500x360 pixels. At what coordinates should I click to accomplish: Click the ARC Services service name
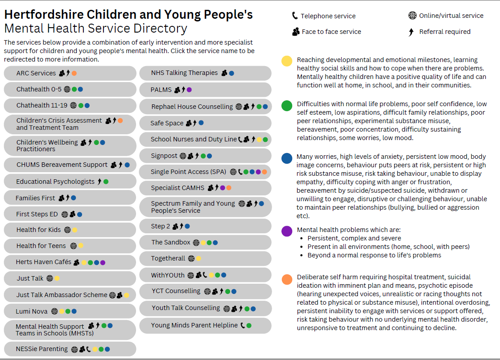[x=36, y=73]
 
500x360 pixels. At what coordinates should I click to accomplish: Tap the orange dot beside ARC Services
[x=74, y=73]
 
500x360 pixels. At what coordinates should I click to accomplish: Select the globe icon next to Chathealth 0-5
[x=67, y=89]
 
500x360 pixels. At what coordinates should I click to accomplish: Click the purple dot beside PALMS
[x=189, y=90]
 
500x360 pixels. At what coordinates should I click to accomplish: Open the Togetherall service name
[x=168, y=258]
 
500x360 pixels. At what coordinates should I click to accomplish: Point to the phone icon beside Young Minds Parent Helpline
[x=243, y=326]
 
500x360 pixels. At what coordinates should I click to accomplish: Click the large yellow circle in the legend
[x=287, y=61]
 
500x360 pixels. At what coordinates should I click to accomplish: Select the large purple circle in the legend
[x=287, y=231]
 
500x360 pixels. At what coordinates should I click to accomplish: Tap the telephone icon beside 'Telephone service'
[x=295, y=16]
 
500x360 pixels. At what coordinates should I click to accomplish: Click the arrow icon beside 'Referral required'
[x=411, y=32]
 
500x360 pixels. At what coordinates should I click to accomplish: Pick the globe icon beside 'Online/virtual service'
[x=412, y=15]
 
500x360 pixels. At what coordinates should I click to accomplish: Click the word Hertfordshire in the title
[x=44, y=15]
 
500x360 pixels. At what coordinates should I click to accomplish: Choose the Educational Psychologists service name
[x=55, y=182]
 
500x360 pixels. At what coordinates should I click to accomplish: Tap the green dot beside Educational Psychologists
[x=106, y=182]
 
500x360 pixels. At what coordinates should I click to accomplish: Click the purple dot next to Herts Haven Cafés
[x=103, y=263]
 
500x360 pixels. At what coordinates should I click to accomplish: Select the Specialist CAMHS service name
[x=178, y=188]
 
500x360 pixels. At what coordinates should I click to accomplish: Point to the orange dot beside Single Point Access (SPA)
[x=264, y=172]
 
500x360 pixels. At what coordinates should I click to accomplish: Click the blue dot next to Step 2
[x=187, y=227]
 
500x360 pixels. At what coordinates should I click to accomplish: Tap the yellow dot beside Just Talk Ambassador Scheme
[x=127, y=295]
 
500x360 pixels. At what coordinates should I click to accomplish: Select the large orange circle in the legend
[x=287, y=279]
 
